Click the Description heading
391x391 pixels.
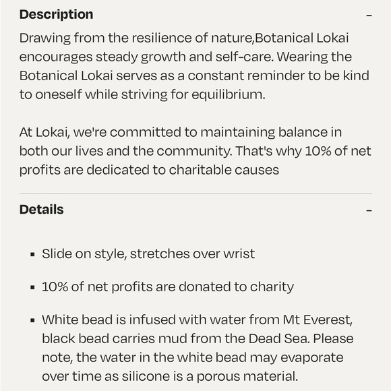click(x=56, y=14)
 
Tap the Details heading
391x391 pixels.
click(x=41, y=209)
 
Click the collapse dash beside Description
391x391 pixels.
click(x=369, y=15)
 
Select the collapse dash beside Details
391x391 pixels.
click(x=369, y=210)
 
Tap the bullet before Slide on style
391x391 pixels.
click(x=32, y=255)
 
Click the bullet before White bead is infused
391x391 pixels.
click(x=32, y=320)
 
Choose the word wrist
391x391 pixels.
click(x=239, y=253)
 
